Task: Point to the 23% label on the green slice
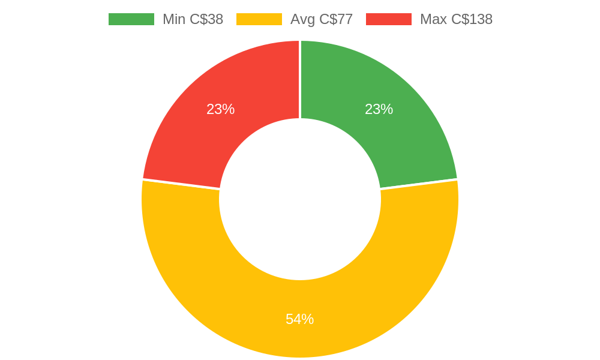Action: tap(379, 109)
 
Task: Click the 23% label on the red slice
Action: tap(220, 109)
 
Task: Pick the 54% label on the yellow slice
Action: tap(299, 319)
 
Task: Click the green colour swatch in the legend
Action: tap(131, 19)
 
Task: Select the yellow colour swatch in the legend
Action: tap(259, 19)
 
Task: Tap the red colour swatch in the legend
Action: tap(388, 19)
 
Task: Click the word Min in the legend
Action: tap(174, 19)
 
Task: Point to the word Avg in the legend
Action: tap(302, 19)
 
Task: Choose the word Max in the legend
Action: tap(433, 19)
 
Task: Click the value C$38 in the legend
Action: tap(206, 19)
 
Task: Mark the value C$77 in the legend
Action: tap(336, 19)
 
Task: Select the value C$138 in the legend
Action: tap(472, 19)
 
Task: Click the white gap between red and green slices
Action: tap(300, 78)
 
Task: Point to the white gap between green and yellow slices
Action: tap(419, 184)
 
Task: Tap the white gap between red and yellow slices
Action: tap(181, 184)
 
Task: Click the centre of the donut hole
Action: tap(300, 199)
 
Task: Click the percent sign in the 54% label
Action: tap(308, 319)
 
